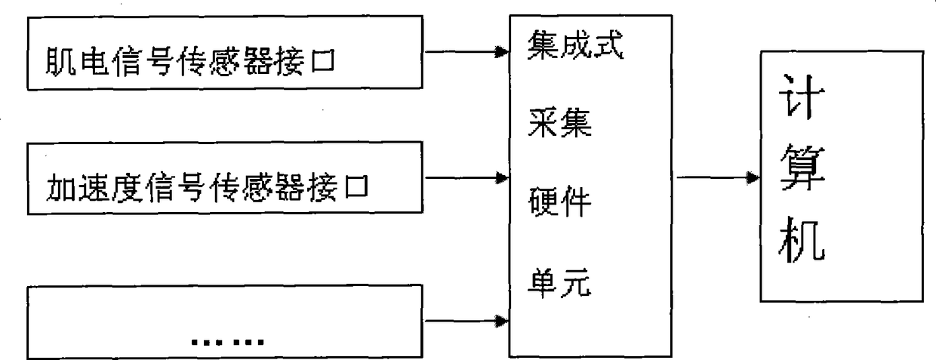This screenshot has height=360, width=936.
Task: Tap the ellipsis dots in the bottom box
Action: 226,341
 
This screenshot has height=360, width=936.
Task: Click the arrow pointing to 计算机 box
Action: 717,179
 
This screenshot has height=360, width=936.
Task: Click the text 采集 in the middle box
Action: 559,125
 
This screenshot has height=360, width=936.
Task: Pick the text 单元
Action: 559,285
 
